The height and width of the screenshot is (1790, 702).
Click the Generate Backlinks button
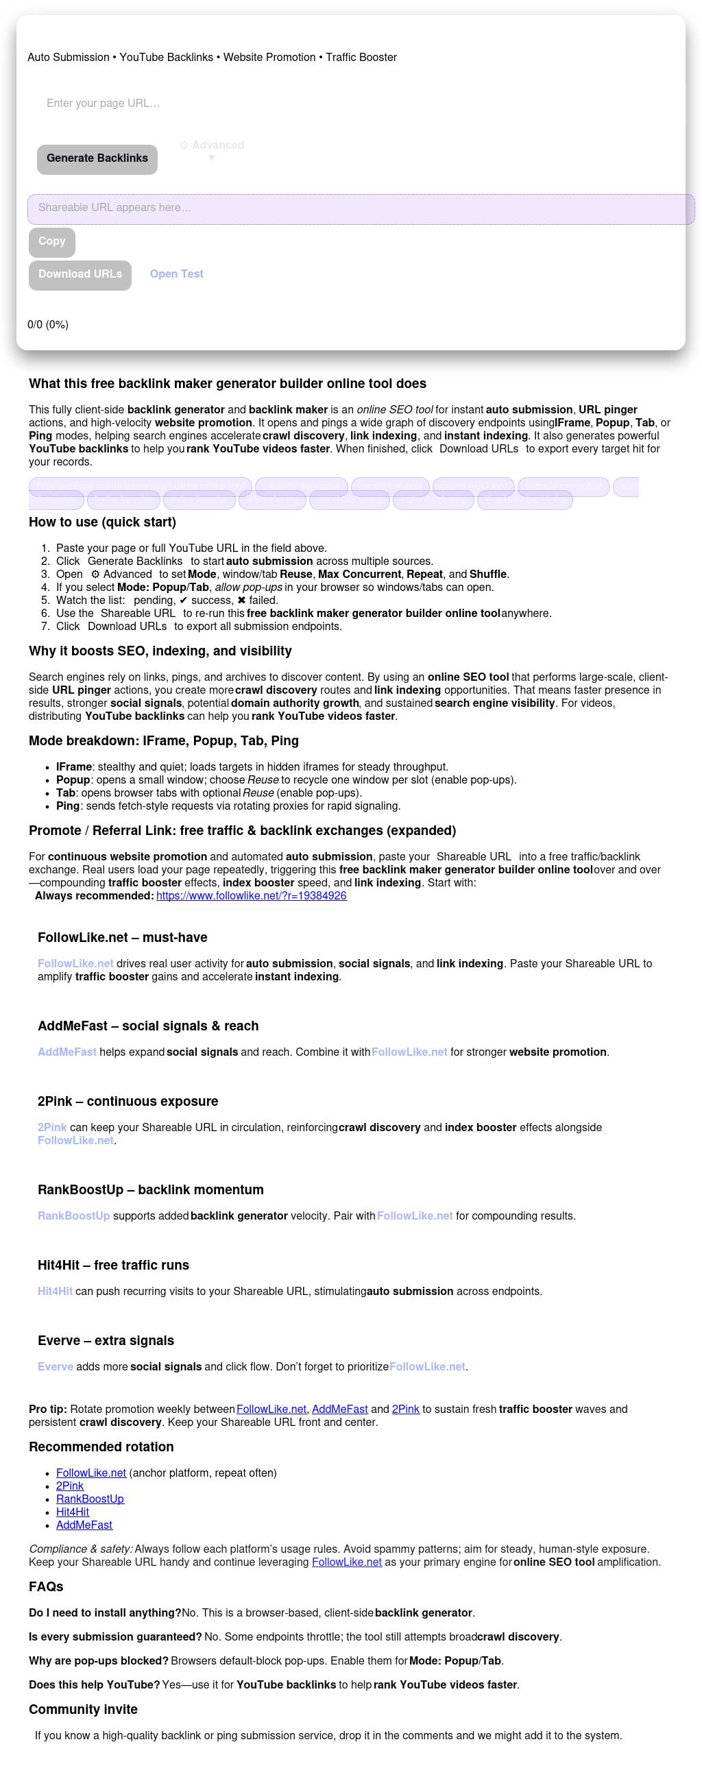point(97,158)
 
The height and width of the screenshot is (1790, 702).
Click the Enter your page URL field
point(208,104)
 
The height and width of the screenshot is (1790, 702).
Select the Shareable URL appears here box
point(360,208)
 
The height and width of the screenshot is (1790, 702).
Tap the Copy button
point(52,241)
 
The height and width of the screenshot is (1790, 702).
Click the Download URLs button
point(80,274)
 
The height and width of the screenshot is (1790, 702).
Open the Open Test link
point(177,274)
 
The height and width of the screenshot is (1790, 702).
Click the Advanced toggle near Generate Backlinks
point(212,146)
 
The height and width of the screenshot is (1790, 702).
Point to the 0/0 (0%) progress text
point(48,324)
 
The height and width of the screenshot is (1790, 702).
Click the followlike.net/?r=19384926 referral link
point(252,896)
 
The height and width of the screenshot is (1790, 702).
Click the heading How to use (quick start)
point(102,522)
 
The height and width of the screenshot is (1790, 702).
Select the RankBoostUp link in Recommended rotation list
point(90,1499)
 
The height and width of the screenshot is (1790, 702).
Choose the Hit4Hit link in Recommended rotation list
point(72,1512)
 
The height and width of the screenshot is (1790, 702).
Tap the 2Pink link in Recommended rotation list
point(69,1486)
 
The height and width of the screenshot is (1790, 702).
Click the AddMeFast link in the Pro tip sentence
point(340,1410)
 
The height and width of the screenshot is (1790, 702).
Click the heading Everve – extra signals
point(106,1340)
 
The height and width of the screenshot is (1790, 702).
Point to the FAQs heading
point(46,1586)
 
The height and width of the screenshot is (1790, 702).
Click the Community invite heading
point(84,1709)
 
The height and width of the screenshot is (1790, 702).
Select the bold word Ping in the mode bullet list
point(68,806)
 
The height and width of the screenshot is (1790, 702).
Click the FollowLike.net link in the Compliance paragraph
point(347,1562)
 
